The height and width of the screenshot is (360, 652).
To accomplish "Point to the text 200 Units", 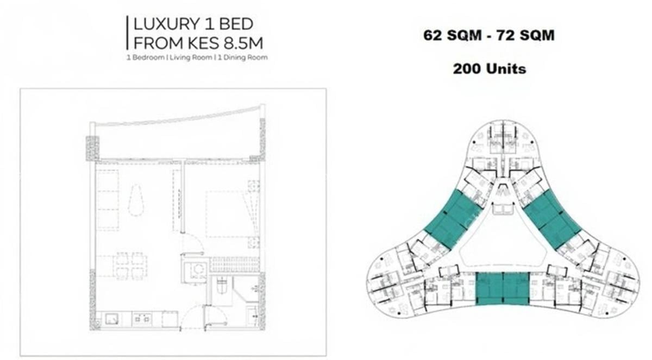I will tap(489, 69).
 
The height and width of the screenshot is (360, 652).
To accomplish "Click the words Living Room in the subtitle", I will tap(192, 57).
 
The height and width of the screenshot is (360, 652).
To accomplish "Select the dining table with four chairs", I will tap(130, 266).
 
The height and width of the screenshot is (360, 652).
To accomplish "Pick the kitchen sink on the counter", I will tap(112, 319).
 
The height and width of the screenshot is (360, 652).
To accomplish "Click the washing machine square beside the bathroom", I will tap(196, 270).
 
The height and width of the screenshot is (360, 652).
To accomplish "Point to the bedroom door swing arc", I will tap(191, 243).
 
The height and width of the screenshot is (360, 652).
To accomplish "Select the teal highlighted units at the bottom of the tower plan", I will tap(503, 288).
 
